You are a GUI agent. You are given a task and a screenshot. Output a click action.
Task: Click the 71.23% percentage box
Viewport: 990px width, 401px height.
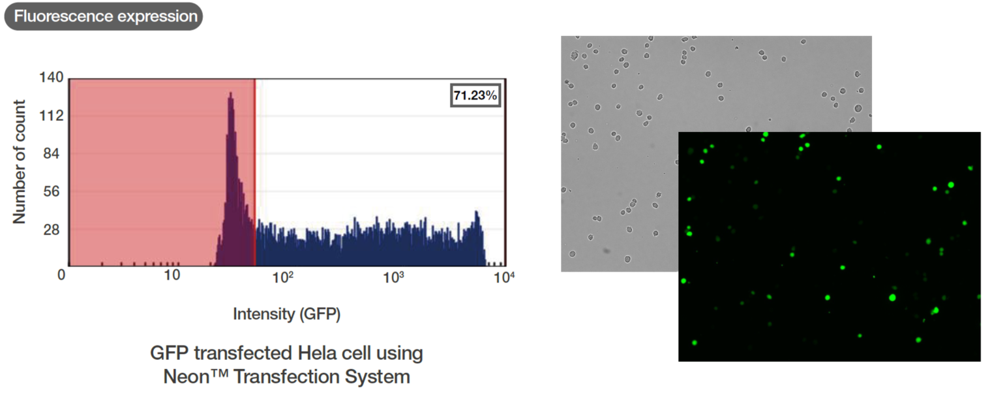(475, 95)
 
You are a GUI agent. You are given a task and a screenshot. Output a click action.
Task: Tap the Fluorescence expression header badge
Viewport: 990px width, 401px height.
(104, 16)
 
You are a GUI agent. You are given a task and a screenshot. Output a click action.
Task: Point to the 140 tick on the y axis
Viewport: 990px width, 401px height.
(52, 78)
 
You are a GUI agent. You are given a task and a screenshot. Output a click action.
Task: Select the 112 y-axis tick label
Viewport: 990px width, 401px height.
(52, 116)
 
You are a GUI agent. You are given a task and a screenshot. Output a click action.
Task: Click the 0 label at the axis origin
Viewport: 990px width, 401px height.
(61, 275)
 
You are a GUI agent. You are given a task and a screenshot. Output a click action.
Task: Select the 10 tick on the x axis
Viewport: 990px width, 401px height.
(172, 275)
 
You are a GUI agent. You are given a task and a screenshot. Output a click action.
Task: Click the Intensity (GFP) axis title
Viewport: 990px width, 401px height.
(287, 314)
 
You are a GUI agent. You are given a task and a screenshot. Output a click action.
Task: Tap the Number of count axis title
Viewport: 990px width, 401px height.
(20, 161)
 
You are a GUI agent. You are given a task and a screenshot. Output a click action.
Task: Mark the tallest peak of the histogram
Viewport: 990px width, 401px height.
(230, 95)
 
